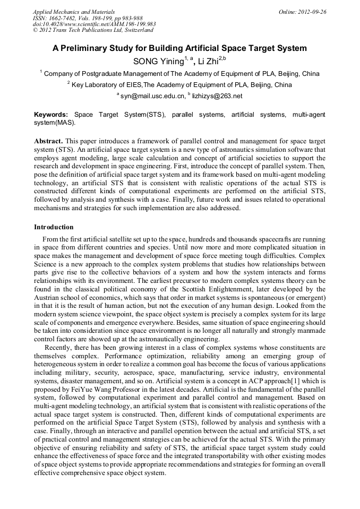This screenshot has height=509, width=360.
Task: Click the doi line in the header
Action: (x=94, y=24)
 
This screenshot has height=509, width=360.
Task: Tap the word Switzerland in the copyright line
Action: (x=136, y=30)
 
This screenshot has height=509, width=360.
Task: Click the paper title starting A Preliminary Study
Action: (x=179, y=48)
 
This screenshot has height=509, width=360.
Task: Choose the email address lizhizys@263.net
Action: (x=217, y=96)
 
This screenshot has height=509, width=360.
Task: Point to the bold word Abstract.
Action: (x=49, y=141)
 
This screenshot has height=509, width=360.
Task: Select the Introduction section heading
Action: (x=54, y=227)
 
